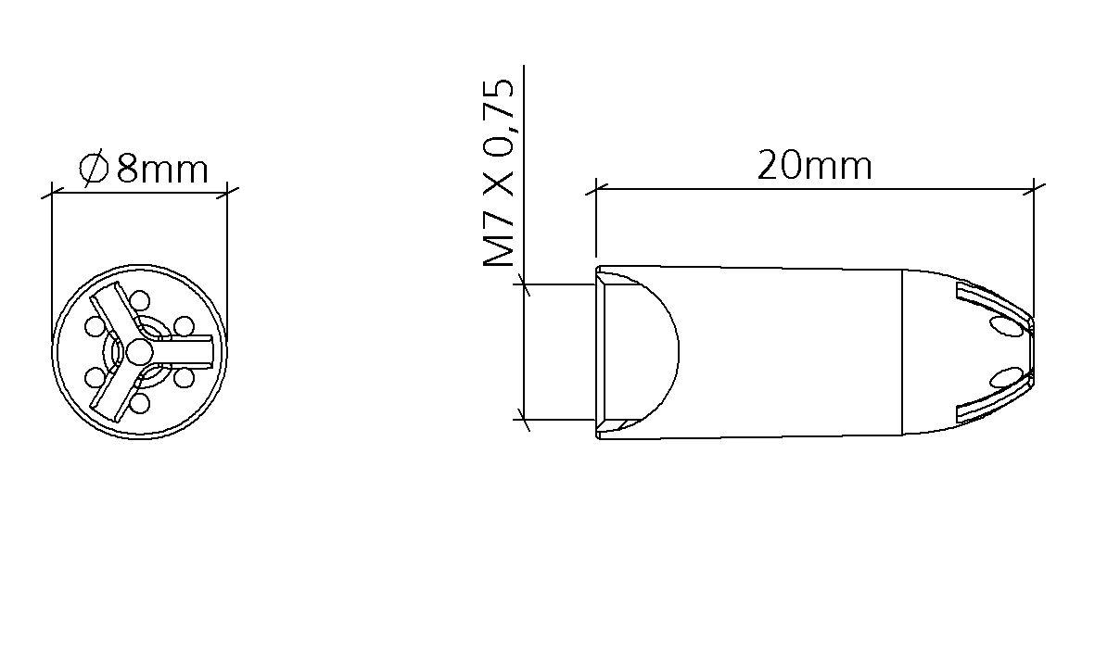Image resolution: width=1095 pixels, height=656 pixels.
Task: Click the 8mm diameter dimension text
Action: pyautogui.click(x=162, y=169)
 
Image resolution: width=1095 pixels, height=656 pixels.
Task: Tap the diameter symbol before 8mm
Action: pyautogui.click(x=95, y=169)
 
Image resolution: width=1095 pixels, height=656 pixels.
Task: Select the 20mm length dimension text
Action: pyautogui.click(x=815, y=166)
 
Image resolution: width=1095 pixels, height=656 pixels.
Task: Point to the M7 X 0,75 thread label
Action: pyautogui.click(x=499, y=173)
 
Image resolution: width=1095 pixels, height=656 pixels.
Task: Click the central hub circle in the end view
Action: pyautogui.click(x=137, y=352)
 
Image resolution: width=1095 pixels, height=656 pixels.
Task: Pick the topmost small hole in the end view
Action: pyautogui.click(x=140, y=301)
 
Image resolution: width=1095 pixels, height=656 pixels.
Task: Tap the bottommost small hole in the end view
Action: pyautogui.click(x=140, y=403)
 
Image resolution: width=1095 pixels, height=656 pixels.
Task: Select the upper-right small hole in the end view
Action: pyautogui.click(x=184, y=326)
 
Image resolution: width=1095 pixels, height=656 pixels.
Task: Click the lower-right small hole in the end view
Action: pyautogui.click(x=184, y=377)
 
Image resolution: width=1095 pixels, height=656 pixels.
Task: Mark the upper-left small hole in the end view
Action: pyautogui.click(x=95, y=326)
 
